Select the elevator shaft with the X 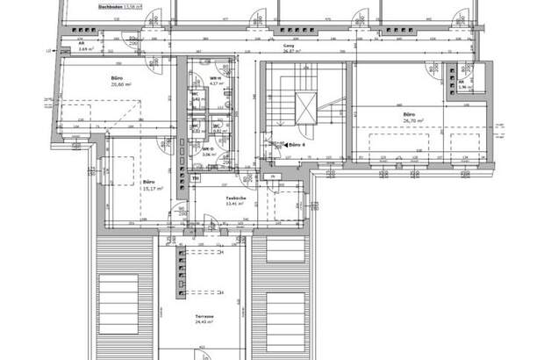click(x=304, y=109)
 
